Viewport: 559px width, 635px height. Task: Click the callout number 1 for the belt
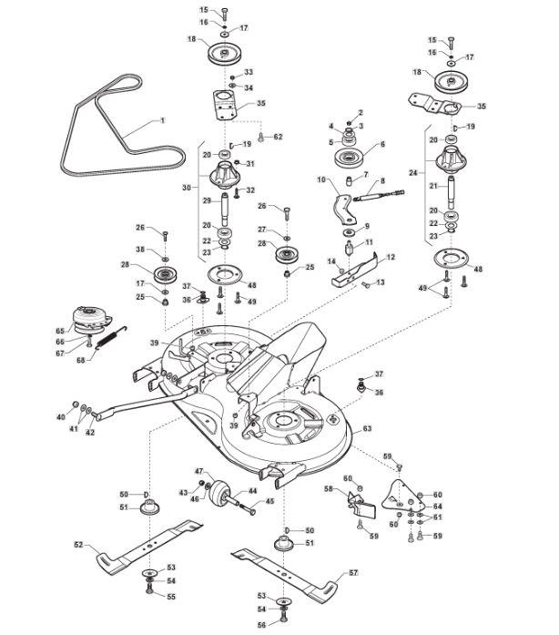pos(163,121)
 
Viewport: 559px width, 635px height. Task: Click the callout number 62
pos(279,137)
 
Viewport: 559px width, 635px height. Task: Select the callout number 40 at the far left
pos(61,417)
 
